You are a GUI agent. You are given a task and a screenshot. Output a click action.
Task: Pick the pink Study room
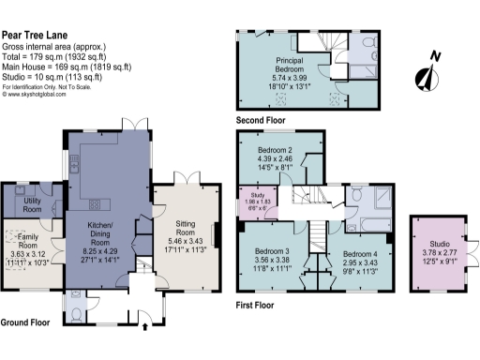[x=251, y=201]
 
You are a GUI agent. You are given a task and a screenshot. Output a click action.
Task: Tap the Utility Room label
[x=37, y=205]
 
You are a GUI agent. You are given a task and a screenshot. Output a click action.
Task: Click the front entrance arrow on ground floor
[x=144, y=328]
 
